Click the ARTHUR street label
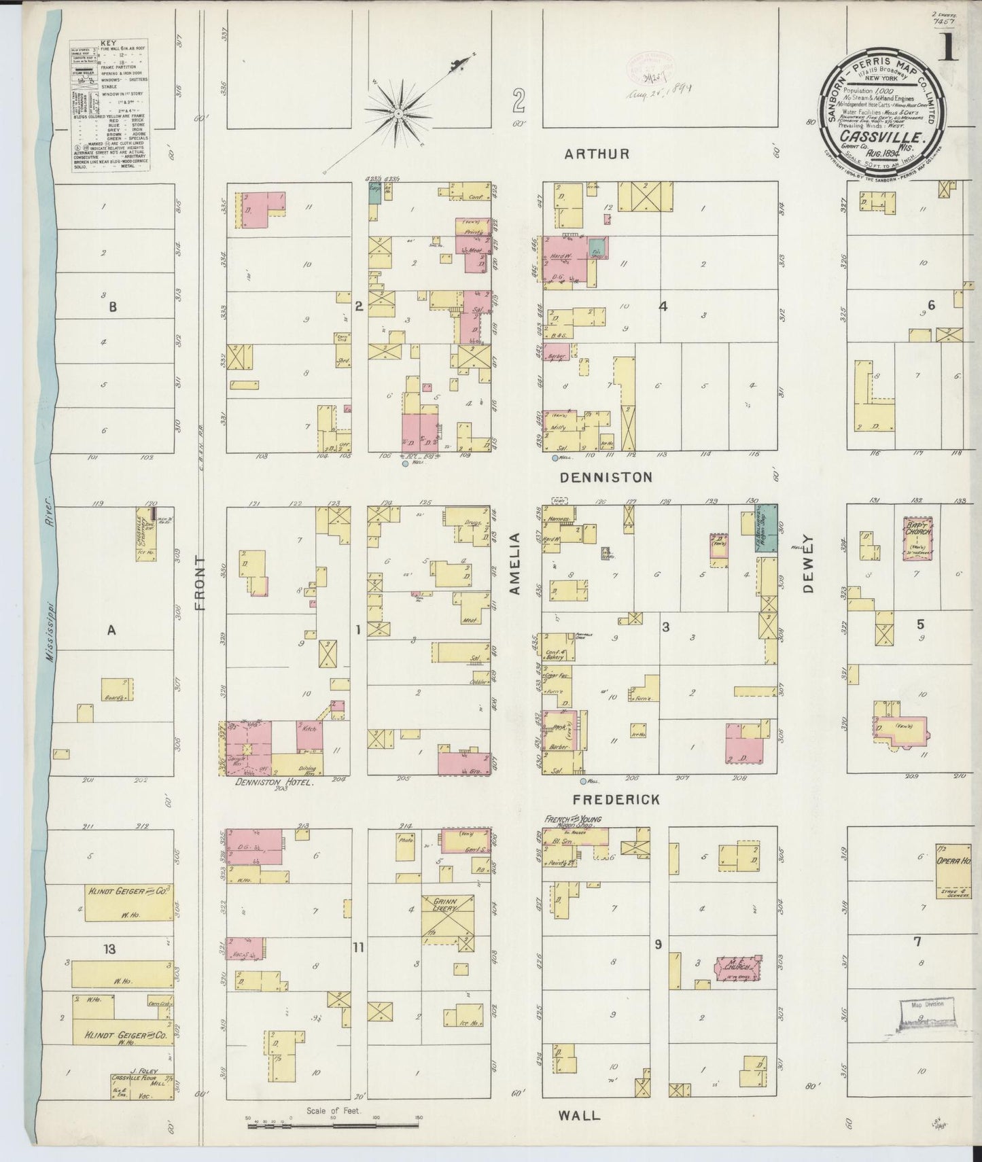coord(597,154)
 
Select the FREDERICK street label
coord(616,800)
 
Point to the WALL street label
coord(580,1115)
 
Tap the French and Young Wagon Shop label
coord(572,820)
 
